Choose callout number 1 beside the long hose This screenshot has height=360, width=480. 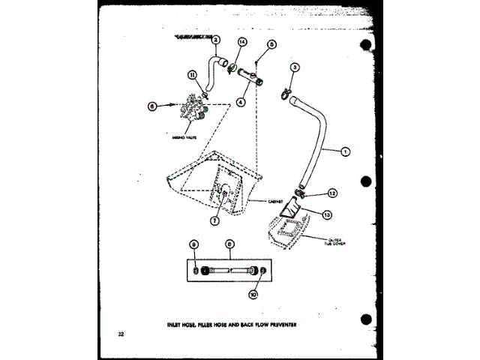click(x=344, y=153)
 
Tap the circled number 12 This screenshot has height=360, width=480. click(x=331, y=192)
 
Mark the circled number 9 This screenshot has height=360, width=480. click(x=194, y=244)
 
